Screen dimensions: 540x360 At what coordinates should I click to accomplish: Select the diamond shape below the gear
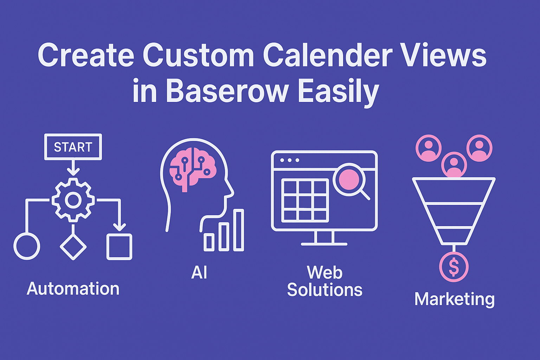[73, 247]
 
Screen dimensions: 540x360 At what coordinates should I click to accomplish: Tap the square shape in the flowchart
[119, 247]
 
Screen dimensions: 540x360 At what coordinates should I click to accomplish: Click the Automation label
[73, 289]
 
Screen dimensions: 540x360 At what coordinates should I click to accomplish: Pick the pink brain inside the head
[193, 169]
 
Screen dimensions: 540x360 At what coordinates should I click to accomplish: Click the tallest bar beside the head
[239, 230]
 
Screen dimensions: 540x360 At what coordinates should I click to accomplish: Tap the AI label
[199, 272]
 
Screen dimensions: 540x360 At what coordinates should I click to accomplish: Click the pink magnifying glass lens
[349, 180]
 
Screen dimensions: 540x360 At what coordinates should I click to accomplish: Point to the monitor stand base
[324, 244]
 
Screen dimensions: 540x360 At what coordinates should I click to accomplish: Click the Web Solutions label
[325, 281]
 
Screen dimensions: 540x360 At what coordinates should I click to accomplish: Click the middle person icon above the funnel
[454, 165]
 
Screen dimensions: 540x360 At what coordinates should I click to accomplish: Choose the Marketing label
[455, 299]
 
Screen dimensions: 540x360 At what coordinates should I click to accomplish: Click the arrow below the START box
[73, 168]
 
